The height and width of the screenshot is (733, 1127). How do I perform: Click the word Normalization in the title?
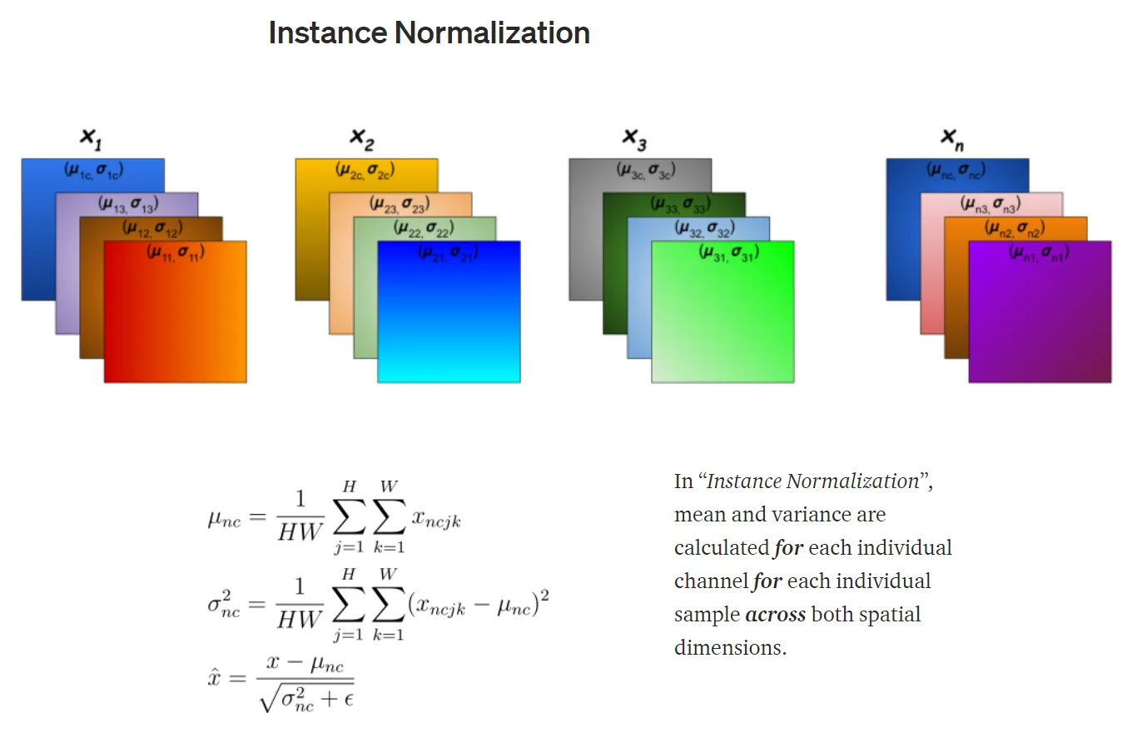[492, 33]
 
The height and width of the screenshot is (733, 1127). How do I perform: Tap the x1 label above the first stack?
[91, 139]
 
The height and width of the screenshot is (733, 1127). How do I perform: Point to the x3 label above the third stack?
[634, 139]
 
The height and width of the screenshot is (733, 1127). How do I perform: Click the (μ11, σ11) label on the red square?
[176, 252]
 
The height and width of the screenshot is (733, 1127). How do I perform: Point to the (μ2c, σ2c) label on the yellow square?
[365, 170]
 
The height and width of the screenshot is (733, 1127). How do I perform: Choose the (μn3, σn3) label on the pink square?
[990, 203]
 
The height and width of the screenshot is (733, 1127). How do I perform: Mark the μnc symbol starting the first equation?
[224, 519]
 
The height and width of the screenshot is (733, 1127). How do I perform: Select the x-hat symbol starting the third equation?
[214, 676]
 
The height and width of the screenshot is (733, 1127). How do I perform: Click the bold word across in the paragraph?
[775, 615]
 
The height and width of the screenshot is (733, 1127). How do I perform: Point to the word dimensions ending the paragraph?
[730, 648]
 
